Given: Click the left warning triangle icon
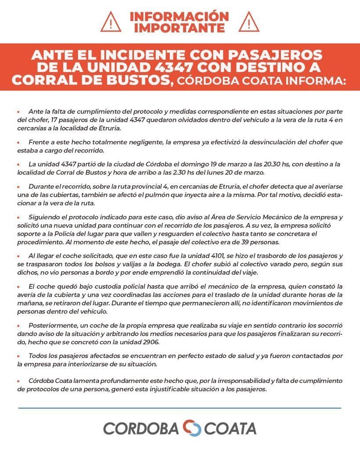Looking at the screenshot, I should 110,22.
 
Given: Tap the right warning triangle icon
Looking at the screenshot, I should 249,22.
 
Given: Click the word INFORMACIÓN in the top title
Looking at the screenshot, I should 179,16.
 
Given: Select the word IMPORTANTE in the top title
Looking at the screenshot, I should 179,28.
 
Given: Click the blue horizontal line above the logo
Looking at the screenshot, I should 180,408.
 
